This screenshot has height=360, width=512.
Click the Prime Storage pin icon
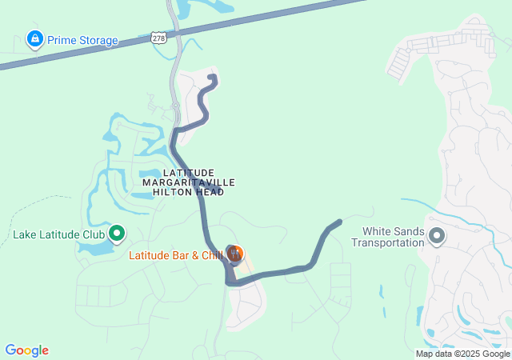point(34,38)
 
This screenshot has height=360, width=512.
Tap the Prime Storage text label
point(82,40)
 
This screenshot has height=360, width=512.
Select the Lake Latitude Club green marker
point(117,234)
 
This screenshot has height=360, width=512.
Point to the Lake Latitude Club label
point(59,235)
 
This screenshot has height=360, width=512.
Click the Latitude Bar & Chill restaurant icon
point(234,254)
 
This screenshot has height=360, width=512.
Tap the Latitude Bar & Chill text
point(176,256)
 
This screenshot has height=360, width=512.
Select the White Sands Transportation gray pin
point(437,235)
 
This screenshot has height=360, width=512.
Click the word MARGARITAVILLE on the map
point(189,182)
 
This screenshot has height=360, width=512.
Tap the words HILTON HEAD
point(189,192)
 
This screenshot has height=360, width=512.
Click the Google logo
point(26,350)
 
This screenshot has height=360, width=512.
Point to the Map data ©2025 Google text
point(462,354)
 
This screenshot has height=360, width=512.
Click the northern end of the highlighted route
point(213,77)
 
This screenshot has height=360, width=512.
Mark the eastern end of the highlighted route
point(340,222)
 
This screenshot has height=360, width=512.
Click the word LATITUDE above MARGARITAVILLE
point(189,173)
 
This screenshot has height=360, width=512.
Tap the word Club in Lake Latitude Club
point(92,235)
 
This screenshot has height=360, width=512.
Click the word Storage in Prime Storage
point(96,40)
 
